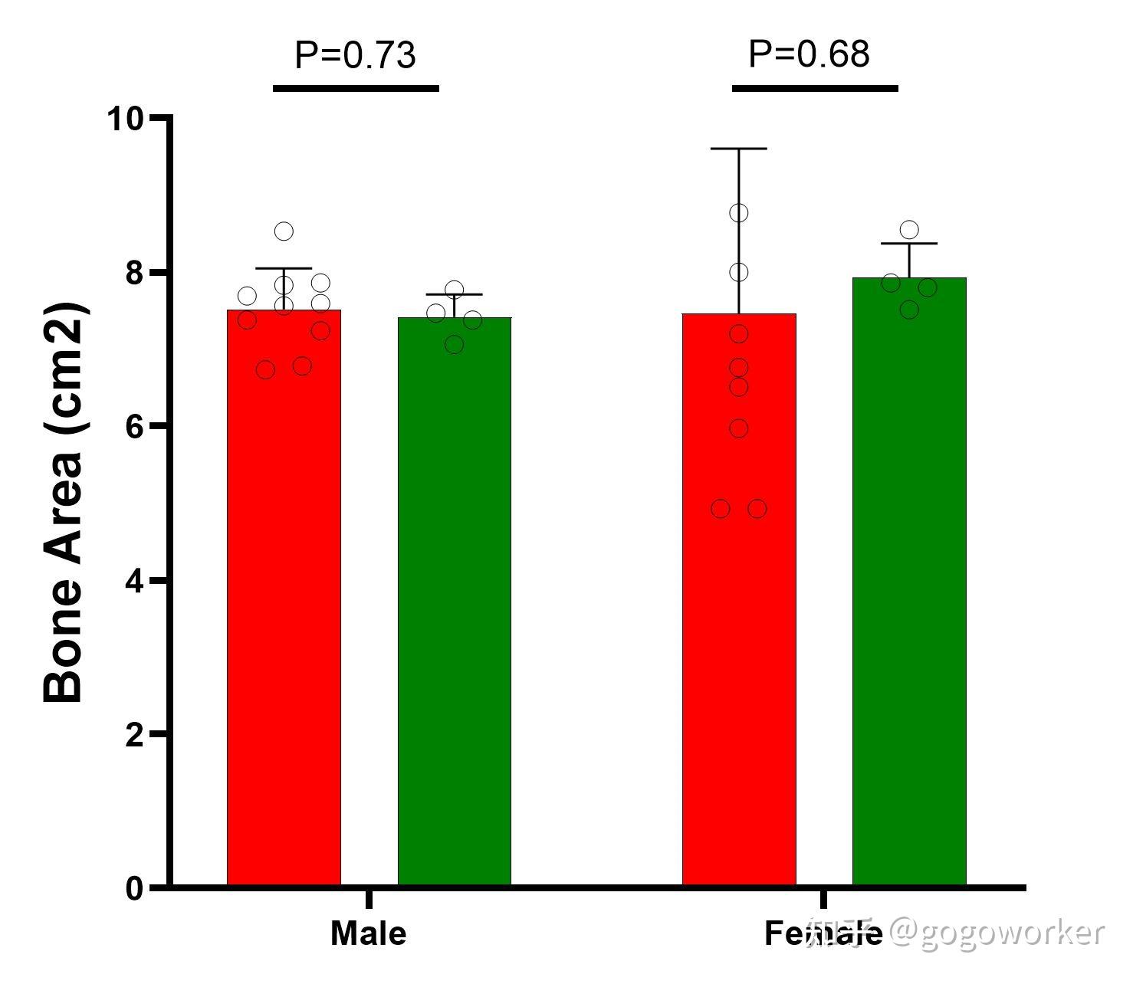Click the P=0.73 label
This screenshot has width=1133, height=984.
coord(355,55)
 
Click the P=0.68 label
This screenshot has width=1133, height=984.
coord(809,54)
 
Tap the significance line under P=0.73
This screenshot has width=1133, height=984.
coord(356,88)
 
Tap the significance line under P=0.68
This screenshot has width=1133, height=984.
coord(815,88)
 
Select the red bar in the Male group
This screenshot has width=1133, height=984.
coord(284,598)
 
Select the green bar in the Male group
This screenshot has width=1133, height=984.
coord(454,602)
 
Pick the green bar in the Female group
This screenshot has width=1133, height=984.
coord(909,582)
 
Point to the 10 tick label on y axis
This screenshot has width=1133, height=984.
coord(126,119)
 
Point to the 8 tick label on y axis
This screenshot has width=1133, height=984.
coord(135,273)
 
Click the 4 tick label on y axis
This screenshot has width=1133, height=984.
coord(135,581)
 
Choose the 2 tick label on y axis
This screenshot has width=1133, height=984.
coord(135,734)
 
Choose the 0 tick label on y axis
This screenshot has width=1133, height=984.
coord(135,889)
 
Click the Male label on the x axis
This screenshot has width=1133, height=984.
coord(368,933)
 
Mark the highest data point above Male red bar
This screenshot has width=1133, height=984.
coord(284,231)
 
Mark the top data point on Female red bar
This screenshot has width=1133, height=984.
coord(739,212)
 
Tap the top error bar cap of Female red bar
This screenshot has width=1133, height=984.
coord(739,149)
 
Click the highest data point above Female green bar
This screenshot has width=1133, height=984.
coord(909,229)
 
